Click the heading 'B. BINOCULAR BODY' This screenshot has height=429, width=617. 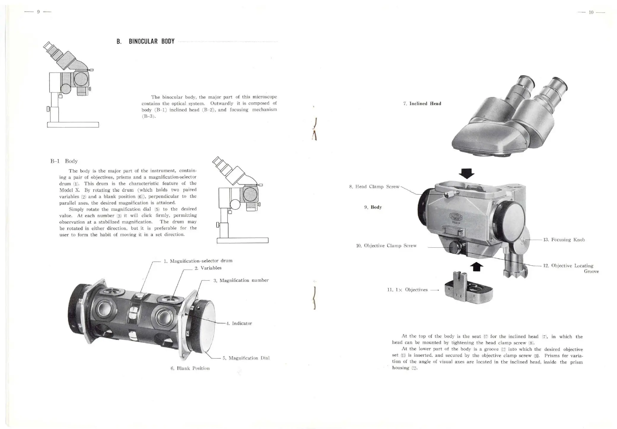point(145,41)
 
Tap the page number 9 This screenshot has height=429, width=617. point(38,12)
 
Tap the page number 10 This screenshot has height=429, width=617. point(591,12)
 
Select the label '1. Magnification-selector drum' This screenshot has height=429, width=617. point(198,261)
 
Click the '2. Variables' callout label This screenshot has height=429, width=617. point(208,268)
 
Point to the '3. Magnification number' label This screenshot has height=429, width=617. point(241,280)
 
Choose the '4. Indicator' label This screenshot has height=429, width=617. point(239,323)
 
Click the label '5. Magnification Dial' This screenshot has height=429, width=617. point(246,358)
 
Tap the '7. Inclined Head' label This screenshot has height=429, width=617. point(422,104)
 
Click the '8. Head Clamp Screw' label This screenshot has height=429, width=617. point(374,187)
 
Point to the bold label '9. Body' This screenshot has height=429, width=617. point(373,207)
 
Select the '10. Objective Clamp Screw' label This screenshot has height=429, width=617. point(386,246)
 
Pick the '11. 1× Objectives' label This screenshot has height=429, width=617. point(407,290)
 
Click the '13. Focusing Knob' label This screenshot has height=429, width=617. point(564,240)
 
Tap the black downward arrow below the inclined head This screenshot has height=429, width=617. point(467,173)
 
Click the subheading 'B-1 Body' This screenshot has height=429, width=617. point(64,161)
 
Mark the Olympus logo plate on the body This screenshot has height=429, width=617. point(458,219)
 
